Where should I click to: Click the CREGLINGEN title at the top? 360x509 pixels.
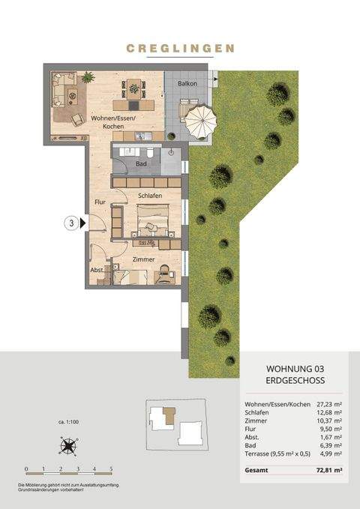pyautogui.click(x=180, y=48)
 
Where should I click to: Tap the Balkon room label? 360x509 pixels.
pyautogui.click(x=187, y=83)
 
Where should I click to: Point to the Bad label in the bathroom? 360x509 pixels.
pyautogui.click(x=141, y=163)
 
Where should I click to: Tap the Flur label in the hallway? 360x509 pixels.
pyautogui.click(x=100, y=202)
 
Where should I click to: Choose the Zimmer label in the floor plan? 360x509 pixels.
pyautogui.click(x=143, y=259)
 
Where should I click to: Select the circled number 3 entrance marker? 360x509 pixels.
pyautogui.click(x=72, y=223)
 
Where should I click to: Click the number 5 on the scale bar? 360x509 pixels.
pyautogui.click(x=111, y=469)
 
